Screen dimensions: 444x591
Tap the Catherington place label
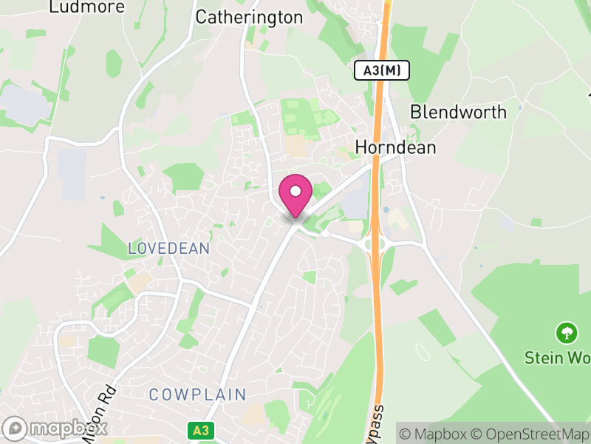click(249, 17)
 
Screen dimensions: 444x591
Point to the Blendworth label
click(458, 112)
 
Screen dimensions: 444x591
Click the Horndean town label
click(395, 147)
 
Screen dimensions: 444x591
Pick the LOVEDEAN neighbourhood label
click(169, 249)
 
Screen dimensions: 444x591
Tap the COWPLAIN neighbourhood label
click(197, 394)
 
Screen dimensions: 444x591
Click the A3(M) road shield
click(381, 71)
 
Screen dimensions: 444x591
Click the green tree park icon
click(567, 332)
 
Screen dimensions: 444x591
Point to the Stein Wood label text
click(557, 358)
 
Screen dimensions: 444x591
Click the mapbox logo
click(56, 428)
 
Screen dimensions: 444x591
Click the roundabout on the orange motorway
click(376, 244)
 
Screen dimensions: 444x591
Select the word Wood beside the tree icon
click(577, 358)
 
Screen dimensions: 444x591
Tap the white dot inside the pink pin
click(295, 192)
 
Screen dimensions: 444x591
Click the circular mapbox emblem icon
click(15, 428)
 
